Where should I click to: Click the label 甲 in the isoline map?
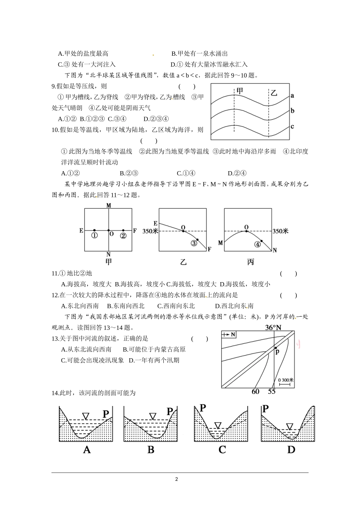pos(240,91)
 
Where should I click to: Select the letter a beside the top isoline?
pos(292,95)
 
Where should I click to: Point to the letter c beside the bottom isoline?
pos(292,126)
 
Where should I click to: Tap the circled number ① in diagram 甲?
pos(94,235)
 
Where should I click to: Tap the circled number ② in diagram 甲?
pos(123,235)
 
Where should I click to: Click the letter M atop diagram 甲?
pos(109,205)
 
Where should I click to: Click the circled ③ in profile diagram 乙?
pos(194,243)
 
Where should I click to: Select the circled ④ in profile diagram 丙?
pos(258,244)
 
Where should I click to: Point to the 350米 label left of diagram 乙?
pos(150,231)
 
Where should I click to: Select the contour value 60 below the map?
pos(255,391)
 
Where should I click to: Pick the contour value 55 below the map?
pos(272,391)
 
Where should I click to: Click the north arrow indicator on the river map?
pos(230,334)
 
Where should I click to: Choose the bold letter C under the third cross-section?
pos(222,450)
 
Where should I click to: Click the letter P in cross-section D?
pos(265,408)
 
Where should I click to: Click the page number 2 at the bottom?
pos(176,479)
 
